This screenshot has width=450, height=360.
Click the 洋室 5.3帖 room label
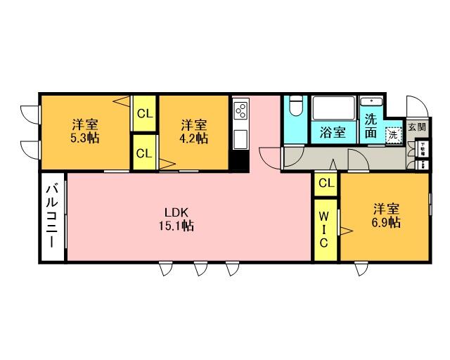click(x=84, y=131)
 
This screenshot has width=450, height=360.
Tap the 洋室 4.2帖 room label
click(x=193, y=131)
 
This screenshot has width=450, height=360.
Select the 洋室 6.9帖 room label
click(x=387, y=215)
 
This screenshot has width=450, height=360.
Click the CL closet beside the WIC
click(x=326, y=183)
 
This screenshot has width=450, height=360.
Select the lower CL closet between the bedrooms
click(x=145, y=153)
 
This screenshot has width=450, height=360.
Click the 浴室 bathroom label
click(x=333, y=132)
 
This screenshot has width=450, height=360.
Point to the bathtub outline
click(x=333, y=110)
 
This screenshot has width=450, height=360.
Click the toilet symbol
click(x=295, y=109)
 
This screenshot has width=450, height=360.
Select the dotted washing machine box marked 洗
click(x=393, y=133)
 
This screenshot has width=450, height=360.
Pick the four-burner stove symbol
click(x=240, y=110)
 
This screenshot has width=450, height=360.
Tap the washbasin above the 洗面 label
click(x=371, y=103)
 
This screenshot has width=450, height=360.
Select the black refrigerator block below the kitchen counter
click(x=240, y=161)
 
